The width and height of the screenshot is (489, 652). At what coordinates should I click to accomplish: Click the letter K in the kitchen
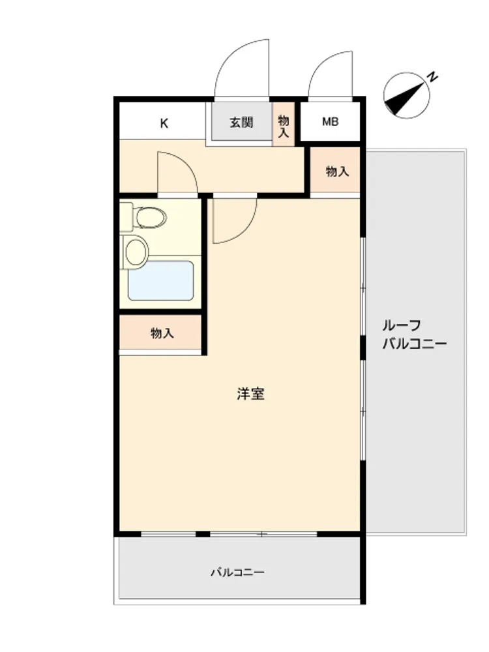[x=164, y=123]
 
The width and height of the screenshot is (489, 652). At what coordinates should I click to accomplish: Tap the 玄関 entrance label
[x=241, y=123]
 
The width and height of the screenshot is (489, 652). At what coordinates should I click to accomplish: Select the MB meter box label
[x=331, y=122]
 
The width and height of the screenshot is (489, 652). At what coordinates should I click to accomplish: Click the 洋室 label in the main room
[x=250, y=394]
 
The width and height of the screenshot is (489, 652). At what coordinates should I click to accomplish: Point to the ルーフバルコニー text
[x=415, y=334]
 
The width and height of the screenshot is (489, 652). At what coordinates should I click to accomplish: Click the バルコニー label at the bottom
[x=237, y=572]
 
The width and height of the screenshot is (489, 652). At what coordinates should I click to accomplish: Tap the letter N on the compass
[x=433, y=77]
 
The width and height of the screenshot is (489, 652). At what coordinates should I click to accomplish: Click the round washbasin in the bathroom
[x=137, y=252]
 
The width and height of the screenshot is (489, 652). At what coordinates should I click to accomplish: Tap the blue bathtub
[x=161, y=280]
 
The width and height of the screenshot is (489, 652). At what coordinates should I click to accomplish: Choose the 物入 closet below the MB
[x=335, y=170]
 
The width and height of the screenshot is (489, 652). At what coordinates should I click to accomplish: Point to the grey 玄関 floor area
[x=241, y=121]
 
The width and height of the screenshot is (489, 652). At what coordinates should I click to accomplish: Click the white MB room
[x=331, y=121]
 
